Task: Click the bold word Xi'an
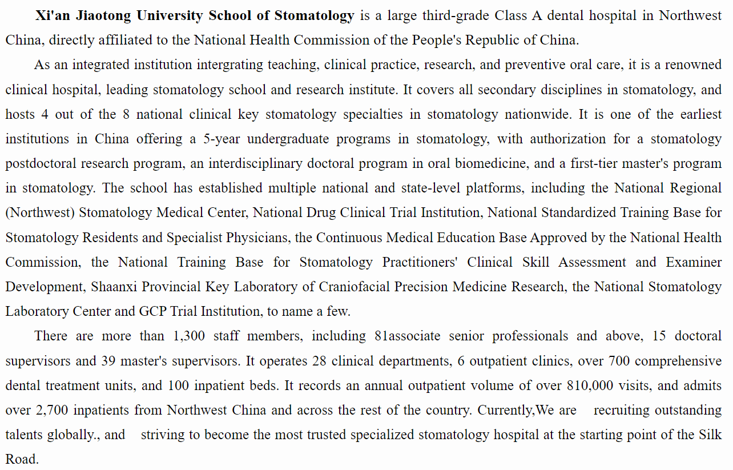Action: point(52,15)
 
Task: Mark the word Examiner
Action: point(694,262)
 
